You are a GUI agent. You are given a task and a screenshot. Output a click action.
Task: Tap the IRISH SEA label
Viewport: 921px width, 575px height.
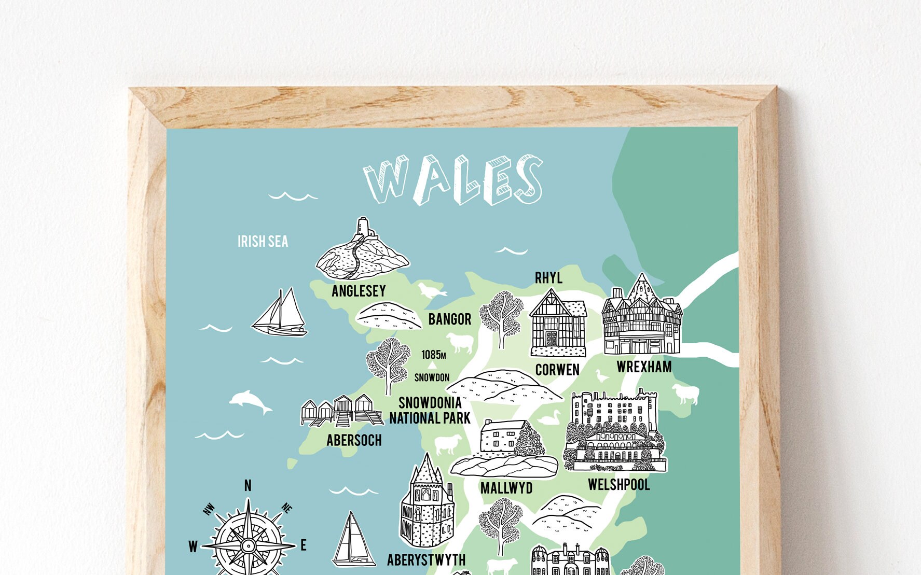pos(263,242)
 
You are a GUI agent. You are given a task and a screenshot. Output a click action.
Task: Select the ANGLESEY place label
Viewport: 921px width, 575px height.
pos(359,291)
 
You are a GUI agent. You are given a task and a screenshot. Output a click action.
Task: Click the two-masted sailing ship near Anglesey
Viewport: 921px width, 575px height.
pos(280,313)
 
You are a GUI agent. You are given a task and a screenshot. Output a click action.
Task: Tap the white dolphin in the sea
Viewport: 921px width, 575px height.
pos(250,401)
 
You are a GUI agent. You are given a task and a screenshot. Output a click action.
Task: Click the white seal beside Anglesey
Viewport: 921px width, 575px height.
pos(431,290)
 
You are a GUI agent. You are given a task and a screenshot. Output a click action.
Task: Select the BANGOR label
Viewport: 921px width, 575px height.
pos(449,319)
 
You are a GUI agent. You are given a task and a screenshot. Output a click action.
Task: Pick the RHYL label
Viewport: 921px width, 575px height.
pos(548,278)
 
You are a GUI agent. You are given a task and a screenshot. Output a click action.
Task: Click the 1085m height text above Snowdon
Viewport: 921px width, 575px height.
pos(433,355)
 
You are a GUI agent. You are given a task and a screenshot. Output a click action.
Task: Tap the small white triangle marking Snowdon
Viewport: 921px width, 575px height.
pos(432,366)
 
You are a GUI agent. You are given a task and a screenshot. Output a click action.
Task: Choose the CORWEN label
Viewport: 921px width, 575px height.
pos(557,370)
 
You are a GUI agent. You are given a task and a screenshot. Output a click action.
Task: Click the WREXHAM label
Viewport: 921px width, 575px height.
pos(644,367)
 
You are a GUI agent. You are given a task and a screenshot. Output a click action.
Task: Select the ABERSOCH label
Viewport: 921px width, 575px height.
pos(354,441)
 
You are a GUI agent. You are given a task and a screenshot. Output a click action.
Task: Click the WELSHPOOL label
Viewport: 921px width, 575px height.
pos(618,485)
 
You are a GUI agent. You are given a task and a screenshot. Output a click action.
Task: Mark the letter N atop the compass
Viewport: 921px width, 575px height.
pos(248,486)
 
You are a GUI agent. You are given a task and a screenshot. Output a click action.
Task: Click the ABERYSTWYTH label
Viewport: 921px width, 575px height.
pos(426,560)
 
